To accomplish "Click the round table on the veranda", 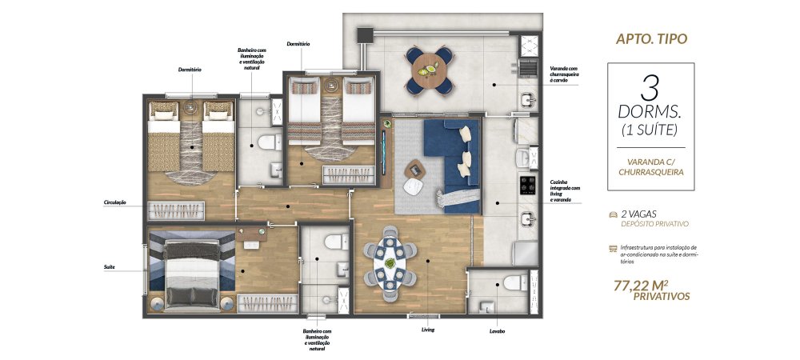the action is coord(429,70).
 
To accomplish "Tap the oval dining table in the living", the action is coord(390,263).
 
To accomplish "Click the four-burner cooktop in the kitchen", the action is coord(527,185).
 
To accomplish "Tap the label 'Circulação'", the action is coord(114,202).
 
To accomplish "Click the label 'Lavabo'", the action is coord(496,331).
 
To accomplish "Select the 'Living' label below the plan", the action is coord(427,330).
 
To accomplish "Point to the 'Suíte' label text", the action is coord(109,266).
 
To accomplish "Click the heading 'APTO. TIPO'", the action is coord(651,39).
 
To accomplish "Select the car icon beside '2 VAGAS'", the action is coord(613,214).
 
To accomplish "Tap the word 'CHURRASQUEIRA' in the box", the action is coord(650,172).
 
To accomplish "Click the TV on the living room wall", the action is coord(384,151).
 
